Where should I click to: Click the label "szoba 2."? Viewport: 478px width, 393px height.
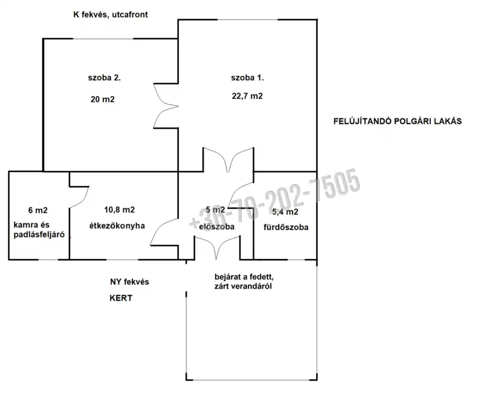tap(104, 78)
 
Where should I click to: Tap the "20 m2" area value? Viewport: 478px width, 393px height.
tap(102, 99)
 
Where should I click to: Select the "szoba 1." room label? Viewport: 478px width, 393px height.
tap(247, 78)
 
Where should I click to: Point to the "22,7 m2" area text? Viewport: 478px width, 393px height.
tap(247, 96)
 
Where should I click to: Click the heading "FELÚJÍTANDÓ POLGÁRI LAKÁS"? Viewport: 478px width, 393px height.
tap(398, 121)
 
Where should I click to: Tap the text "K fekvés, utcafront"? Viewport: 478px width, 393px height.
tap(110, 15)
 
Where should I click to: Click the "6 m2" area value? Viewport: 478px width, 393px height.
tap(38, 210)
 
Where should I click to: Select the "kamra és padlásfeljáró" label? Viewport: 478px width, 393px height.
tap(39, 229)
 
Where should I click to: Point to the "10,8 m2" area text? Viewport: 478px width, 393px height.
tap(119, 210)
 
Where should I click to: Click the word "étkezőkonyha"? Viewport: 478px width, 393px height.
tap(117, 226)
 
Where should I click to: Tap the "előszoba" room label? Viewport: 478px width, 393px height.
tap(217, 227)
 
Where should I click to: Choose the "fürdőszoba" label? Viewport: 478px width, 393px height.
tap(286, 227)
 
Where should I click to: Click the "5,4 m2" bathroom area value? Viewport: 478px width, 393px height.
tap(285, 212)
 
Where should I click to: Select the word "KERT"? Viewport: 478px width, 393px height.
tap(121, 298)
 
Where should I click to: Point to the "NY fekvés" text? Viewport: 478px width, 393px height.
tap(130, 282)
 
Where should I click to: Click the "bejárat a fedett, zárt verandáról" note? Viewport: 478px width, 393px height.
tap(244, 282)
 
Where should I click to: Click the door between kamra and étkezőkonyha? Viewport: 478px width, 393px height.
tap(80, 197)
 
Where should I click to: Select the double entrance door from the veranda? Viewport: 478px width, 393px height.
tap(217, 247)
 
